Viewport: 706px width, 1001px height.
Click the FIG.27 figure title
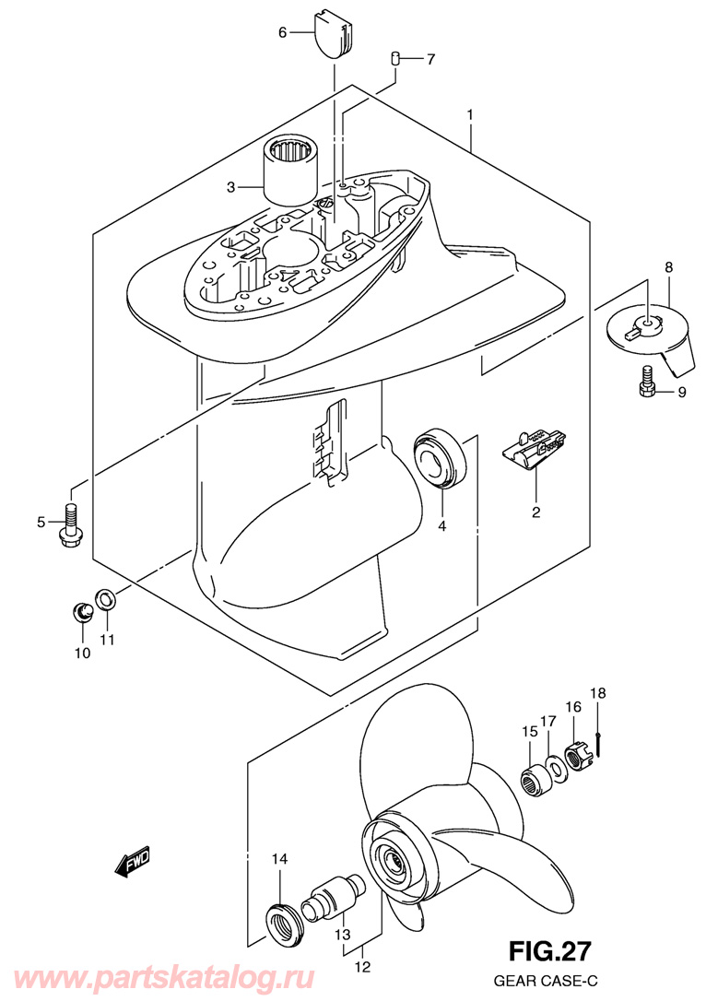[x=549, y=951]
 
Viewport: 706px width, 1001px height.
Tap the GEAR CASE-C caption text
[x=547, y=980]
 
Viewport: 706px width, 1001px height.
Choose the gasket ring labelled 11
[x=105, y=599]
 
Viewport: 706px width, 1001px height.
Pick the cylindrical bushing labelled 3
[x=291, y=171]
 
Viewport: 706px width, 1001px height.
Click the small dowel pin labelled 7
[x=395, y=59]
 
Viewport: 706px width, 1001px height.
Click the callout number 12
[x=362, y=967]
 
